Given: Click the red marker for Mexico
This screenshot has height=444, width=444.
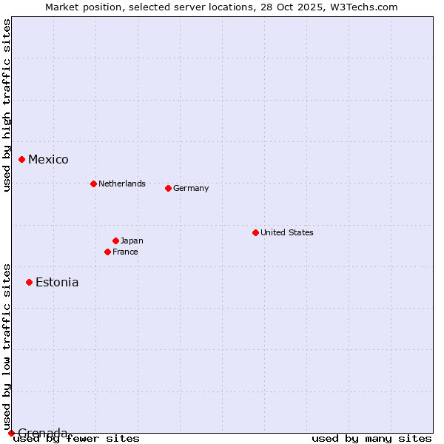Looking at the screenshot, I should coord(21,159).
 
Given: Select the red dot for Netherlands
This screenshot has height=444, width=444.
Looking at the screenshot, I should coord(93,184).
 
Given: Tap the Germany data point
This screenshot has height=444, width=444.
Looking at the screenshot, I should coord(168,188).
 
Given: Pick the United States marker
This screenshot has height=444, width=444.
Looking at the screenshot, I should coord(255,232).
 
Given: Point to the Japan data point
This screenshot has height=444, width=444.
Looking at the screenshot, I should coord(115,240).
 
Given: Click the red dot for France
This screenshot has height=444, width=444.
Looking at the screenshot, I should coord(107,252).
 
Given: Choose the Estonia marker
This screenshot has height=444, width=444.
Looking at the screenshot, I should coord(29,282).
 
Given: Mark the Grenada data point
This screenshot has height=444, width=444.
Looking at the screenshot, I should coord(11,433).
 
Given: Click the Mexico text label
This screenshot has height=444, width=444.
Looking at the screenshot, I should coord(48,160).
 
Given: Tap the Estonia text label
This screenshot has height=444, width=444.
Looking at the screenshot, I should coord(57,283).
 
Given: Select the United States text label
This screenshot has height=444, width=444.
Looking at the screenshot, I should coord(287,232).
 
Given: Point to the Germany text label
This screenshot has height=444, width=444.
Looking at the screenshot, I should coord(191,188).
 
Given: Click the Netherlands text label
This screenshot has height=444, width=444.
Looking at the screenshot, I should coord(122,184).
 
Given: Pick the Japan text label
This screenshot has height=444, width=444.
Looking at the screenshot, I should coord(132,240).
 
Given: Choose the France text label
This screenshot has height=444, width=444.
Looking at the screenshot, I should coord(125,252).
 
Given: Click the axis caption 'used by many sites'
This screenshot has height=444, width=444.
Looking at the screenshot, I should coord(371,439).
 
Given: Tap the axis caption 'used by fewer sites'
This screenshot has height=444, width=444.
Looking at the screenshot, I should coord(76,439).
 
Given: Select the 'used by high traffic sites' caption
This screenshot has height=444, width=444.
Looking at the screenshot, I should coord(7,105).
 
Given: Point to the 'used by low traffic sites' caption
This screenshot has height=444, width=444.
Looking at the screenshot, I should coord(7,346).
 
